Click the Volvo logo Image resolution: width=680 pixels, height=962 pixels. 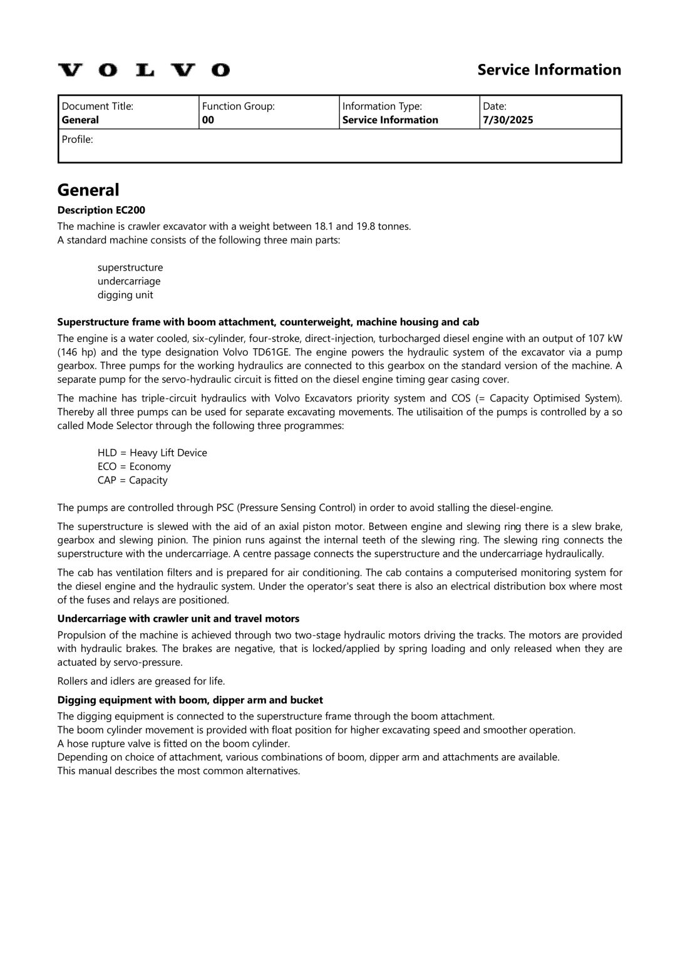coord(144,70)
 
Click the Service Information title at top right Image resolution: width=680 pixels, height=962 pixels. coord(549,70)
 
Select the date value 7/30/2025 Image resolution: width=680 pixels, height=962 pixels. coord(508,120)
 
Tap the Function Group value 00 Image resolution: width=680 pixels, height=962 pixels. coord(208,120)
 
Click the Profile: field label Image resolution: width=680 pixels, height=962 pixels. coord(77,139)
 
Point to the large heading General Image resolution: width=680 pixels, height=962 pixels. coord(88,190)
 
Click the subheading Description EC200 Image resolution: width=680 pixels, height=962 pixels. coord(101,210)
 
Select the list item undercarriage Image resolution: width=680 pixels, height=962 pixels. coord(129,281)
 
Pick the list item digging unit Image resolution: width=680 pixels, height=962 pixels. coord(125,295)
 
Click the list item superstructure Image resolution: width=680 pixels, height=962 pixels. coord(130,267)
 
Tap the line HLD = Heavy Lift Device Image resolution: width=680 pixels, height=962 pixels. coord(152,453)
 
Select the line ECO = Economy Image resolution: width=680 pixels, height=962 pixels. coord(134,467)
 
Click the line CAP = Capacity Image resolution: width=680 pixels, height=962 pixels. coord(133,480)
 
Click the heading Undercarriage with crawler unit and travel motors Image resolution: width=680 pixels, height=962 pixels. coord(178,619)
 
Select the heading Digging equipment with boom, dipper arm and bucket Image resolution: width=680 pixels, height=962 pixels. coord(190,700)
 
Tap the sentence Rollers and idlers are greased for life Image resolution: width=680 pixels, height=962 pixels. coord(141,681)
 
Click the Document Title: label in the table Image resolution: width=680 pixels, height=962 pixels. coord(98,106)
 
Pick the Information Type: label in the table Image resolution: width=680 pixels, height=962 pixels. coord(382,106)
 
